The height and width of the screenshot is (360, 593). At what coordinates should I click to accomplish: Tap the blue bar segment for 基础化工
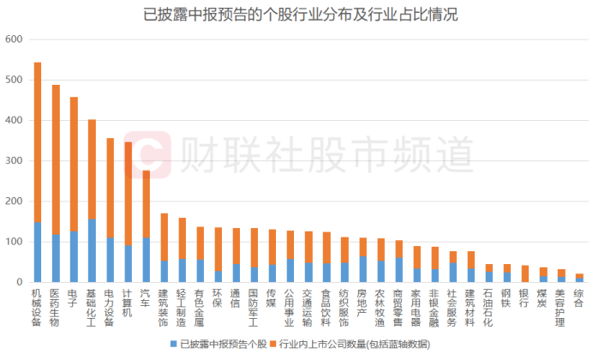[92, 250]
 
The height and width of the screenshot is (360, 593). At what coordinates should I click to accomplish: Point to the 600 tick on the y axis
[13, 39]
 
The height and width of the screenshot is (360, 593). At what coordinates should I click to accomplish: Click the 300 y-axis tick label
[13, 161]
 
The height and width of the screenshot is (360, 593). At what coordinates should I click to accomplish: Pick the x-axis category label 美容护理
[560, 306]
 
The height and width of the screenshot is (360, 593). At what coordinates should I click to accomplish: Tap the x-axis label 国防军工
[254, 306]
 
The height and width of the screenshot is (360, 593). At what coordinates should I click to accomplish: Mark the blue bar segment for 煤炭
[542, 279]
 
